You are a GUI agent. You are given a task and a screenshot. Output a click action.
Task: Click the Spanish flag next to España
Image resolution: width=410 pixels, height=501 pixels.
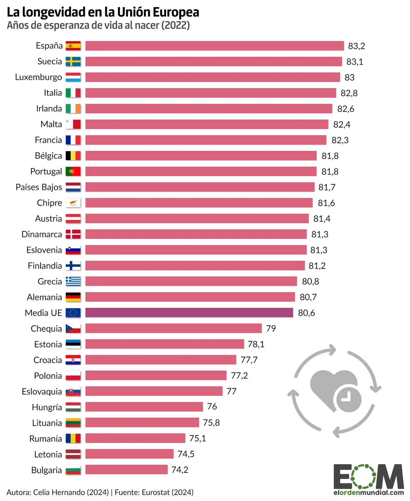(73, 46)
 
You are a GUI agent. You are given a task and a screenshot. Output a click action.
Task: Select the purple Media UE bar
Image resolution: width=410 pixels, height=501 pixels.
(189, 313)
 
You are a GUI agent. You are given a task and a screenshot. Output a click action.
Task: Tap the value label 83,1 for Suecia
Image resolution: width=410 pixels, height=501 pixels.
(355, 62)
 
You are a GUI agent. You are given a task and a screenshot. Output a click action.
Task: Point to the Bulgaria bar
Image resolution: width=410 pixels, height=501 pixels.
(126, 470)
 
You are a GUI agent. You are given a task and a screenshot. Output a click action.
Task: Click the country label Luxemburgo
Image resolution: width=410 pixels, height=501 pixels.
(38, 77)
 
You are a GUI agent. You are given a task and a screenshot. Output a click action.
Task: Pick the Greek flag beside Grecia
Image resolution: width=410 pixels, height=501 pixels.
(73, 281)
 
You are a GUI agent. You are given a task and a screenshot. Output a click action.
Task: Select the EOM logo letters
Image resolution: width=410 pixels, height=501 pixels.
(368, 476)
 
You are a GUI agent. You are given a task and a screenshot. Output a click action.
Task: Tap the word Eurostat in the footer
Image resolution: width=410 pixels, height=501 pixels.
(156, 492)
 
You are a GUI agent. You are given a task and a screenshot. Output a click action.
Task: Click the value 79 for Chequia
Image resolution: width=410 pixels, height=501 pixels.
(271, 329)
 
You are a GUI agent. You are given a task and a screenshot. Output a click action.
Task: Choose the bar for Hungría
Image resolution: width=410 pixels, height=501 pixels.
(144, 407)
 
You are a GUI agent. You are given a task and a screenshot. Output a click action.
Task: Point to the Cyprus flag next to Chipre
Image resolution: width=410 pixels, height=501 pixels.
(73, 203)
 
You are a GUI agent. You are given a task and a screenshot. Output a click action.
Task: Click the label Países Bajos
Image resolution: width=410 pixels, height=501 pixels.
(39, 187)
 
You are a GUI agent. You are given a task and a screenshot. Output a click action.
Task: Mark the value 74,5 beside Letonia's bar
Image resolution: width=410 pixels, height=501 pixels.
(186, 454)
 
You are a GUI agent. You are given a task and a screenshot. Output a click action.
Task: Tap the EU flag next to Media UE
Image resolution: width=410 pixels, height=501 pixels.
(73, 313)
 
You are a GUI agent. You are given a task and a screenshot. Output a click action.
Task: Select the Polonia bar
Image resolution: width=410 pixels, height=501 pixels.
(156, 376)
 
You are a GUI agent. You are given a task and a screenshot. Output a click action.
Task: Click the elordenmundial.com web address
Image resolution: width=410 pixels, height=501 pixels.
(368, 492)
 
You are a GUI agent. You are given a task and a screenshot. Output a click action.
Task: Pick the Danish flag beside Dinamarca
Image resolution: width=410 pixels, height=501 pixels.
(73, 234)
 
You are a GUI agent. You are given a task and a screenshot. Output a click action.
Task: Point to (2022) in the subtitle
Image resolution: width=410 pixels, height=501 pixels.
(176, 25)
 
